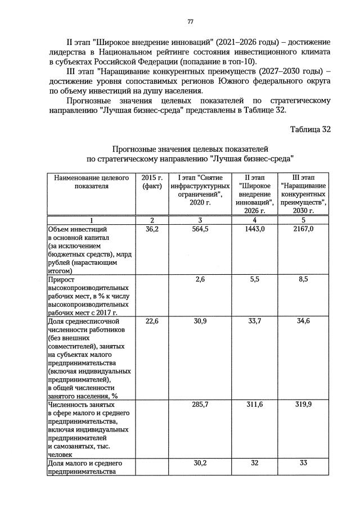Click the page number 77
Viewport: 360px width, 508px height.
pos(191,21)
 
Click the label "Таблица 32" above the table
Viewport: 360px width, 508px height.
pos(310,129)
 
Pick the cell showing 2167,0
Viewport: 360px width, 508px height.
pos(304,230)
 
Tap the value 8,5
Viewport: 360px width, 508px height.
pos(304,279)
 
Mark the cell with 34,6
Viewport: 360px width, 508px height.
pos(304,321)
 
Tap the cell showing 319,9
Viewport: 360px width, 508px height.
pos(304,404)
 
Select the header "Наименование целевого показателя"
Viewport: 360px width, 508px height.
pos(91,182)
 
